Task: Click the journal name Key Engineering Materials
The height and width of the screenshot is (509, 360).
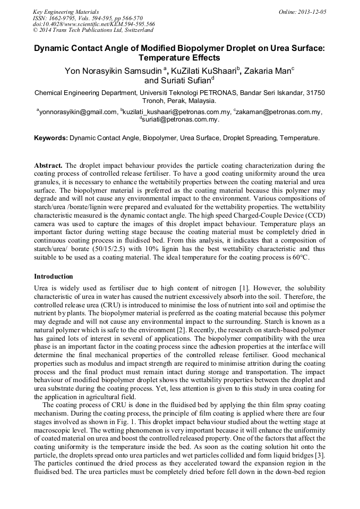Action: tap(66, 12)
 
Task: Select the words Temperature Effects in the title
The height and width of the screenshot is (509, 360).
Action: tap(179, 58)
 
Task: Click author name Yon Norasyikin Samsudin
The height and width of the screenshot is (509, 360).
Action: tap(106, 71)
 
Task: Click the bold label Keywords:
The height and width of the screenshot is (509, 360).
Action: tap(51, 138)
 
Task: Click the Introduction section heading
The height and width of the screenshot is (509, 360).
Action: tap(54, 277)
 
